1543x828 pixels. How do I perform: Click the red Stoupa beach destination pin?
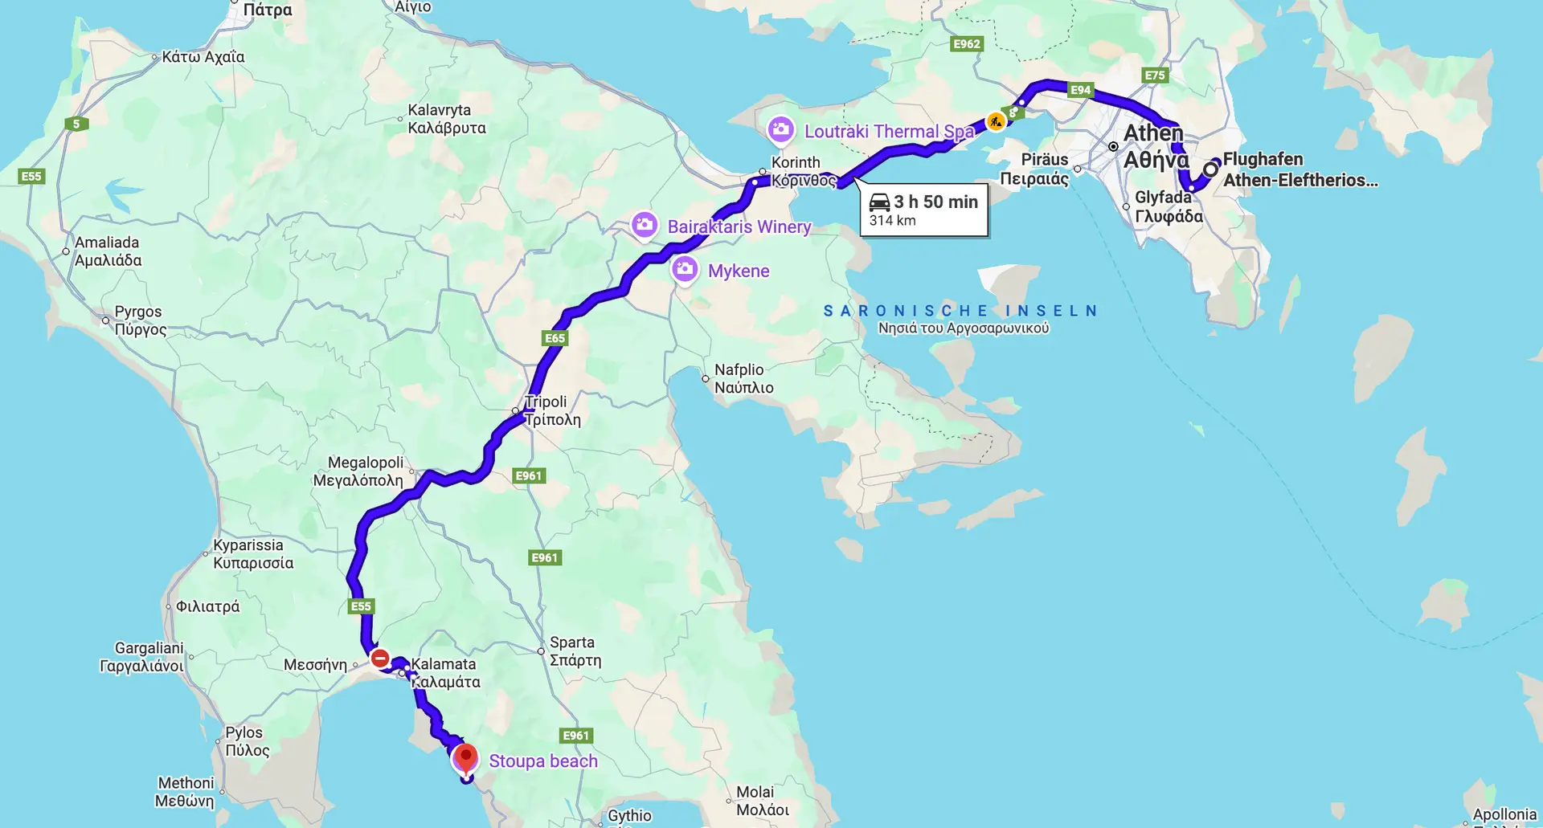(465, 757)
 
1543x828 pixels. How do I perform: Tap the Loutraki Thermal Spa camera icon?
(780, 130)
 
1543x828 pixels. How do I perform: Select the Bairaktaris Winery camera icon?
(644, 226)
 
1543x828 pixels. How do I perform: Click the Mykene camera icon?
(685, 270)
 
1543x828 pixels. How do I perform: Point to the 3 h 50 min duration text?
(935, 202)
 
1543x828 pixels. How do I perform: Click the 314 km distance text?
(892, 221)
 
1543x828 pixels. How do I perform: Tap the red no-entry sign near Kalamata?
(380, 659)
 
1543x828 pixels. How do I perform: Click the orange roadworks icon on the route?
(996, 121)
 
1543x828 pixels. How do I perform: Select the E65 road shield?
(555, 338)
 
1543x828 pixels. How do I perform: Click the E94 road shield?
(1080, 90)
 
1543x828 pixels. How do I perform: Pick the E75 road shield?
(1154, 75)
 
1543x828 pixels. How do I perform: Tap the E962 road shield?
(967, 44)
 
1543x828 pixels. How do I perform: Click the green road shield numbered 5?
(76, 124)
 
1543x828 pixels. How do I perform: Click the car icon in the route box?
(879, 202)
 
